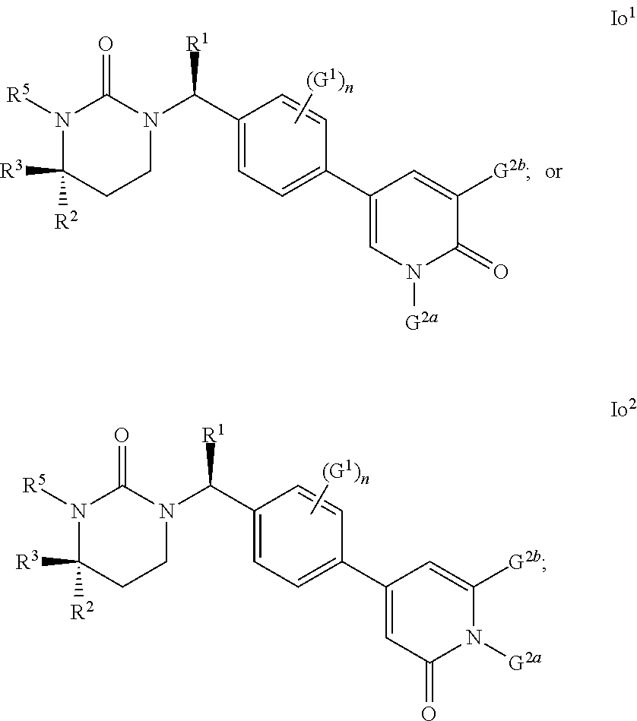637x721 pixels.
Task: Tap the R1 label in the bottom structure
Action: tap(213, 433)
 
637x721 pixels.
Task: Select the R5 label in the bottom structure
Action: tap(35, 483)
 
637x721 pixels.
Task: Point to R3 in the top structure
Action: tap(11, 169)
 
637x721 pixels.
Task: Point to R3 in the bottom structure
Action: tap(27, 560)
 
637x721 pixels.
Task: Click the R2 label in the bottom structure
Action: tap(82, 610)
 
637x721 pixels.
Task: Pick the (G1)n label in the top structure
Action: tap(329, 83)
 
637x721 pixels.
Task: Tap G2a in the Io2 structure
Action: tap(524, 661)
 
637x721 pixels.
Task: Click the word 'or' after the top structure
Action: tap(553, 172)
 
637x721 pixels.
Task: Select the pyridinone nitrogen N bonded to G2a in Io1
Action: tap(414, 272)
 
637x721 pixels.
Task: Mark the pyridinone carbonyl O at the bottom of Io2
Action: tap(429, 713)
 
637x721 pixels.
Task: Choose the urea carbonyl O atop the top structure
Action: tap(106, 44)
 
